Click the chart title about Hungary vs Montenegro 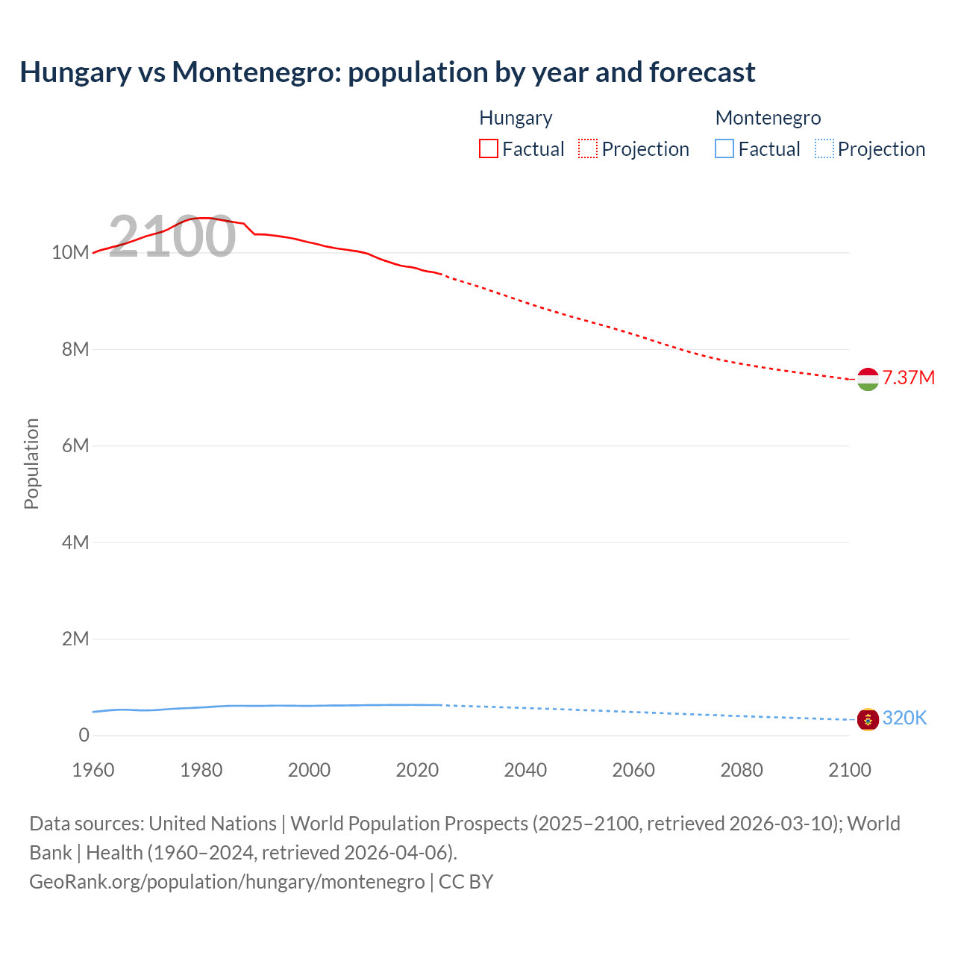coord(387,72)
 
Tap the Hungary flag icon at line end coord(868,379)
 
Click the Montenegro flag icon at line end coord(868,719)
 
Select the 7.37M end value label coord(908,378)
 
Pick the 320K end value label coord(904,718)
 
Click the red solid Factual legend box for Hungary coord(489,149)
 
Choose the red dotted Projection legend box coord(588,149)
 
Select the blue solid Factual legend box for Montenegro coord(724,149)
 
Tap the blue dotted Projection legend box coord(824,149)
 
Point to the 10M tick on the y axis coord(70,252)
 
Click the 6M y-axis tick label coord(75,445)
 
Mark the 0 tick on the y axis coord(84,735)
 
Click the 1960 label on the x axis coord(93,770)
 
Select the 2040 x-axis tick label coord(525,770)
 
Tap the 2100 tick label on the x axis coord(849,770)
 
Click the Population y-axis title coord(31,463)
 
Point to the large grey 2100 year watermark coord(172,237)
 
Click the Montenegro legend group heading coord(768,118)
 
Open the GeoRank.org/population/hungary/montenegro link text coord(227,881)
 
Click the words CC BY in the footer coord(466,881)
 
